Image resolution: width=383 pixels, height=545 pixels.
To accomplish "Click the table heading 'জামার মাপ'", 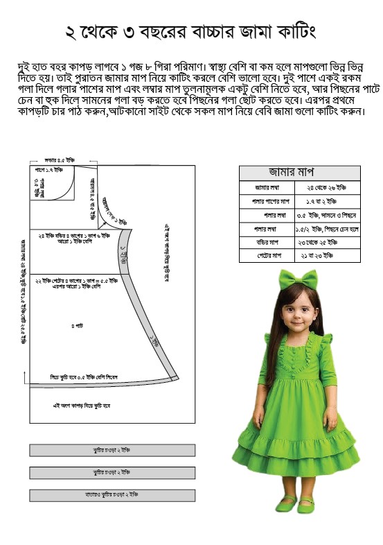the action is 299,173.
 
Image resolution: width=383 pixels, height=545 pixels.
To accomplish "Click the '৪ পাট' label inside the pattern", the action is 76,326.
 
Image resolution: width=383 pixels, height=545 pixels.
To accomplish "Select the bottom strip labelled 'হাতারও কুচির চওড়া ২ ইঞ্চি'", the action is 112,495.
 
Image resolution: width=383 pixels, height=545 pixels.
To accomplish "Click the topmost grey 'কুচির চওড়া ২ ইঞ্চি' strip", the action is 112,451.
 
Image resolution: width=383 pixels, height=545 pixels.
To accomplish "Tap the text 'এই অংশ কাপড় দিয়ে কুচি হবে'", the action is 82,404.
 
